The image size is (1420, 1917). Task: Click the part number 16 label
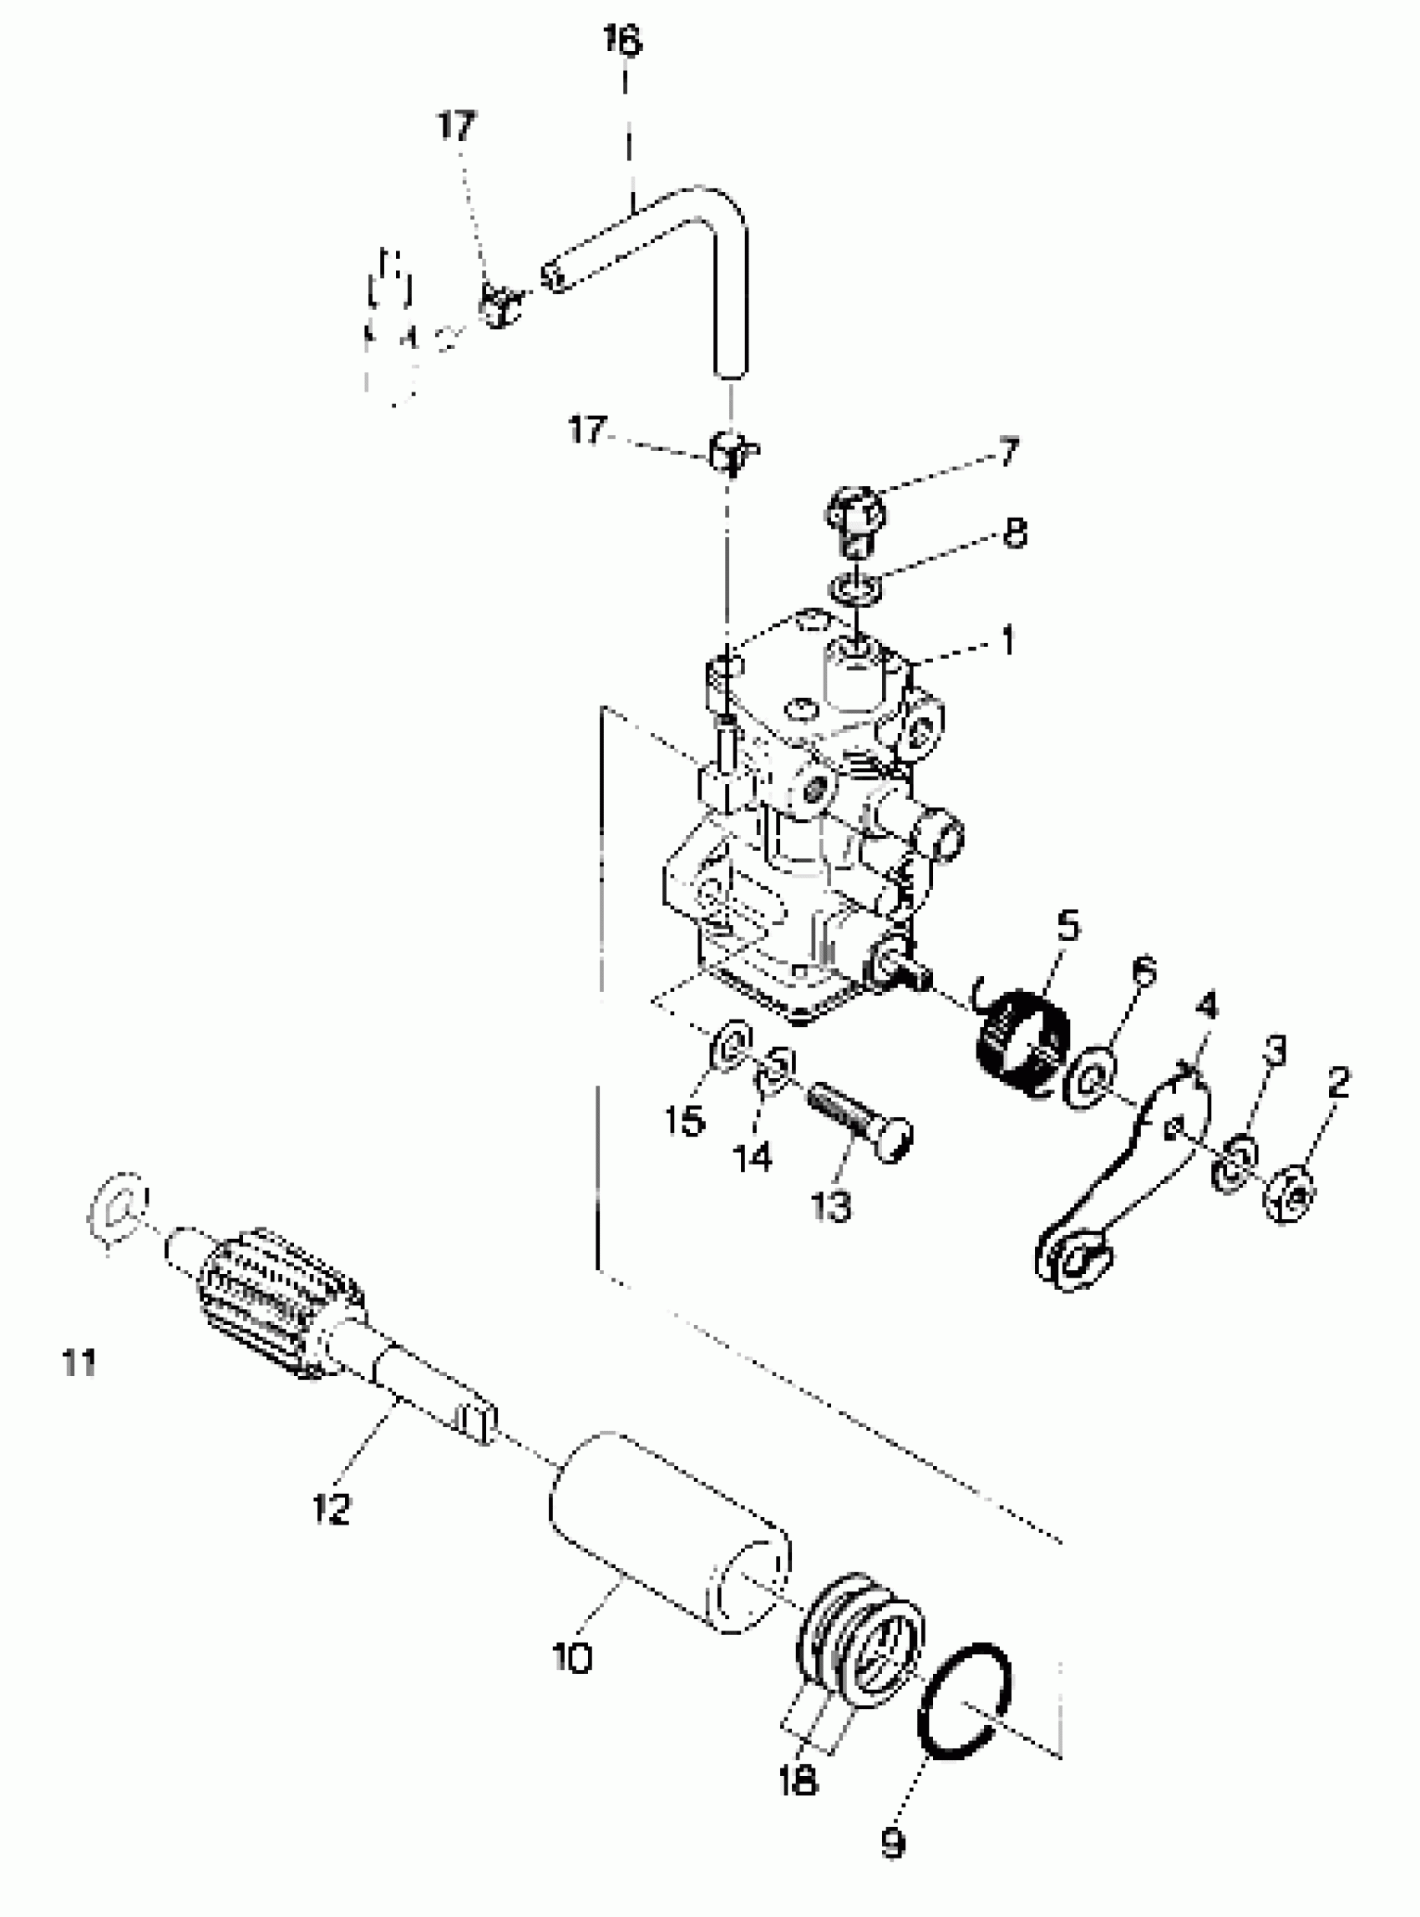621,40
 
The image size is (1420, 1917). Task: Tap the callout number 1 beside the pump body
1007,641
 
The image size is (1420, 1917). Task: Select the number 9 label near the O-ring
893,1841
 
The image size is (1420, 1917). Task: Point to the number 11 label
79,1362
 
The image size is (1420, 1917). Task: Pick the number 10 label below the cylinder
572,1656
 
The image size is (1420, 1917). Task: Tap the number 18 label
798,1778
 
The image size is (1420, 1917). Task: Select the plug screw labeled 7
855,518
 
